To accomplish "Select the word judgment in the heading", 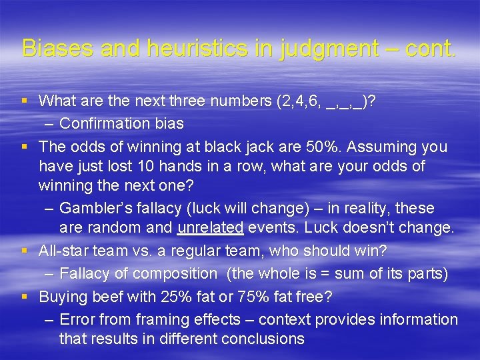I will [311, 48].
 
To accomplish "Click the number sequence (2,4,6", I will [299, 101].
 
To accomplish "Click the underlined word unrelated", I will [211, 228].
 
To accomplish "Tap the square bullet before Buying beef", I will [25, 297].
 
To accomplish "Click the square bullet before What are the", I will [25, 101].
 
